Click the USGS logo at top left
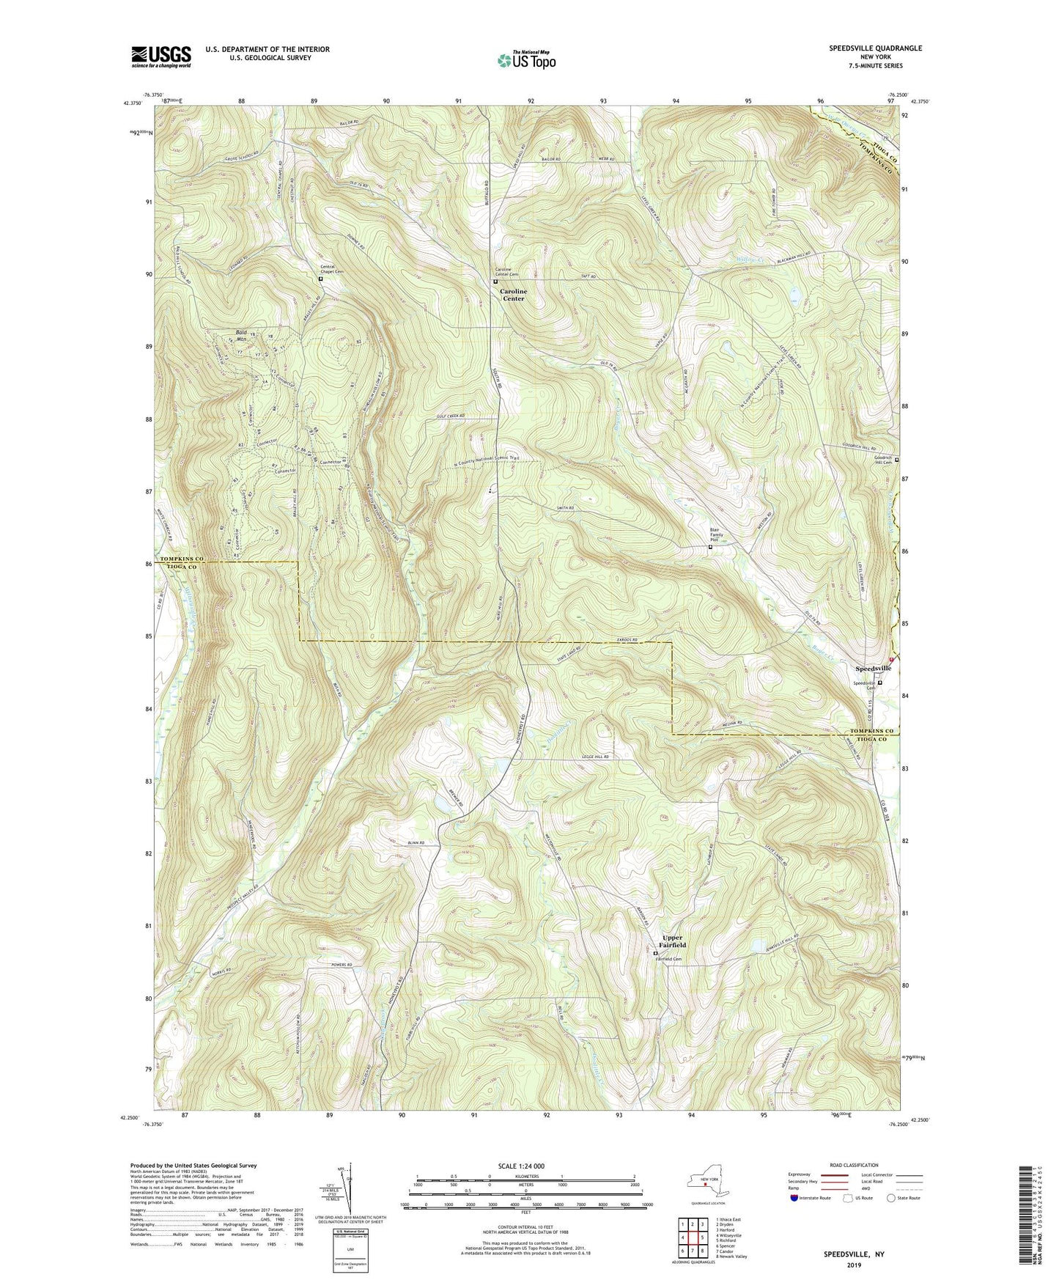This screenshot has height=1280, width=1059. (x=161, y=56)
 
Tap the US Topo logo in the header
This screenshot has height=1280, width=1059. (x=525, y=60)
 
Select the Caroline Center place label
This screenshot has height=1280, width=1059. (x=513, y=295)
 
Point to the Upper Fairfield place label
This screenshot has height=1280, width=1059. (x=672, y=941)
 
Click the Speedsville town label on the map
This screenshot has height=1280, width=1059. (x=874, y=669)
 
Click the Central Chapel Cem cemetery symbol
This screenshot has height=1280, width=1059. (x=320, y=279)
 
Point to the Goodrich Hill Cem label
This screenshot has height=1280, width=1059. (x=882, y=460)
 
